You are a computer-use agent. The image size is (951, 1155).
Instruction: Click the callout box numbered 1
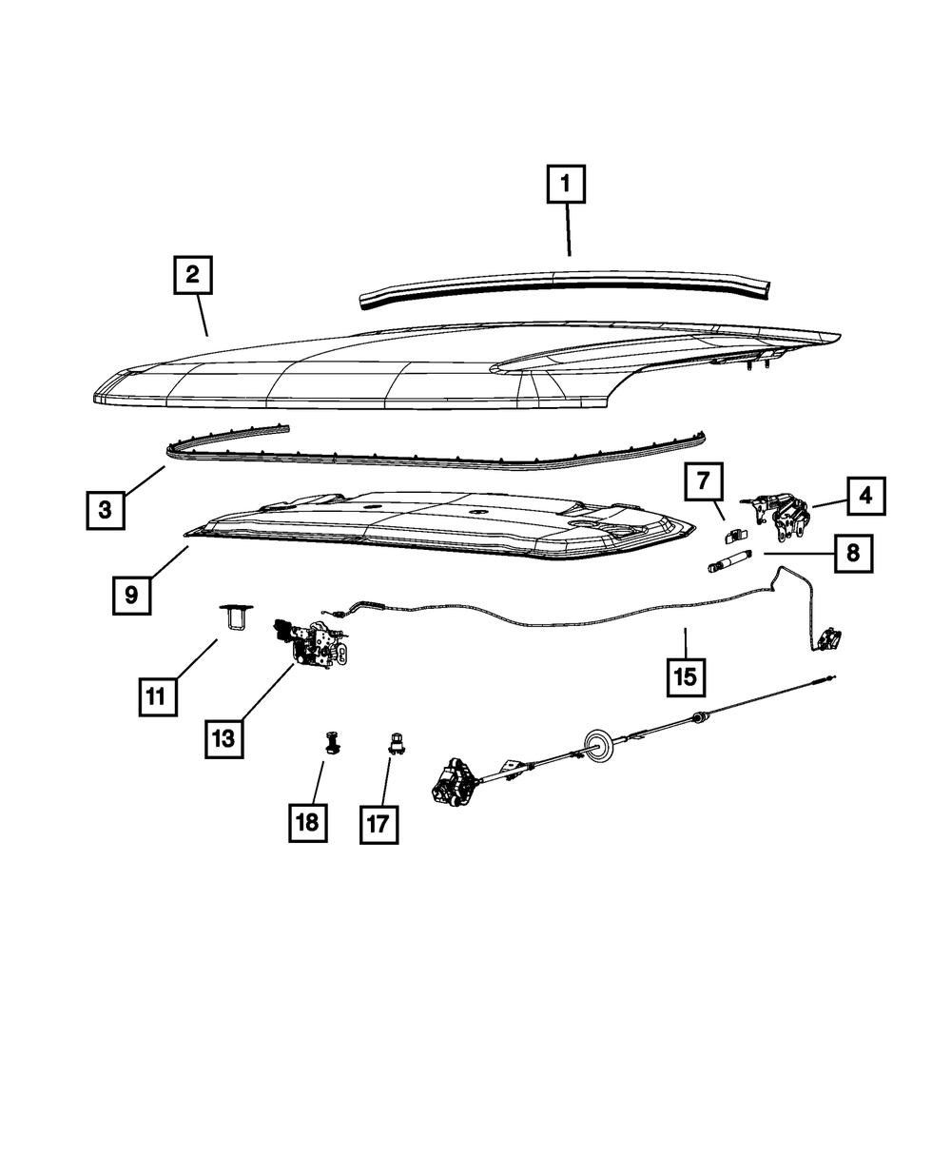pos(565,185)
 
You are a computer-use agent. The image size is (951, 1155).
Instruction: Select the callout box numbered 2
pos(192,276)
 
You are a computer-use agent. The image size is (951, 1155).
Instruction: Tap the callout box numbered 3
pos(104,509)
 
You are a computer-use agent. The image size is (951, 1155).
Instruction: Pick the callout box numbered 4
pos(864,495)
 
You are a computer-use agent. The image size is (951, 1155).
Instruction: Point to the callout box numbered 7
pos(703,482)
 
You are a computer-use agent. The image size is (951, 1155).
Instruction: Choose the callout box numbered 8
pos(853,552)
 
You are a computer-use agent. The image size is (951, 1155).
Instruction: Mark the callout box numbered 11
pos(155,696)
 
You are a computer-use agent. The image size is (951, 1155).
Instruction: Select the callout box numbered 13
pos(223,737)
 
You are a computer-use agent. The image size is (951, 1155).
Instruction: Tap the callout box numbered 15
pos(685,676)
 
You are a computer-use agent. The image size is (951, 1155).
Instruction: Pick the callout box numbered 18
pos(307,822)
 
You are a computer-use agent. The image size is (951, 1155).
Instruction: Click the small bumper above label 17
pos(392,742)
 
